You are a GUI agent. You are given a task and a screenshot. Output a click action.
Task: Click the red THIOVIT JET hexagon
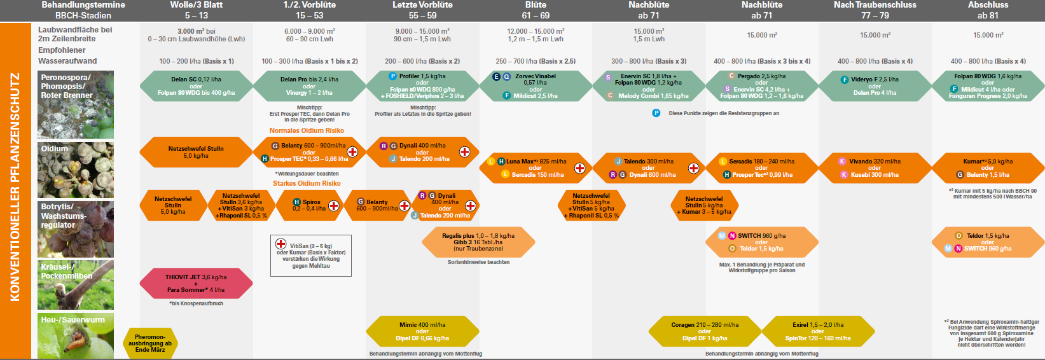(x=196, y=283)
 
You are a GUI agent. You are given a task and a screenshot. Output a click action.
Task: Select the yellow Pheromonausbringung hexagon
(x=150, y=343)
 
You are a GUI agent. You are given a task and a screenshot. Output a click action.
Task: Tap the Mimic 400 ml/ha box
(x=422, y=331)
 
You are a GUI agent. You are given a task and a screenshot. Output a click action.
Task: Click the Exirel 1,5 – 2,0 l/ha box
(x=818, y=331)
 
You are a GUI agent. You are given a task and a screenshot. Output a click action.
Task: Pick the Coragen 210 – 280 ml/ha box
(x=705, y=331)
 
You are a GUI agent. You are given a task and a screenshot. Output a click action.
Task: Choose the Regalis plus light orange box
(x=478, y=242)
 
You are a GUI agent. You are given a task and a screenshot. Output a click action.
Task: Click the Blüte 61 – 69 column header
(x=536, y=10)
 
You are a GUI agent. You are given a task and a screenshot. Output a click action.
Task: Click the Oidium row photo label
(x=55, y=149)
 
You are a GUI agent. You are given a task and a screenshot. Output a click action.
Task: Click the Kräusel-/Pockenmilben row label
(x=67, y=272)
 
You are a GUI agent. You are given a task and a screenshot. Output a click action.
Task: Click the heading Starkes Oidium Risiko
(x=307, y=183)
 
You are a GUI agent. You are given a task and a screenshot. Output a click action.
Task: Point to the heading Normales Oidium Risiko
(x=307, y=130)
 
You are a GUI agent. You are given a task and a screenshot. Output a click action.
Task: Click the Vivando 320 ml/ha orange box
(x=875, y=168)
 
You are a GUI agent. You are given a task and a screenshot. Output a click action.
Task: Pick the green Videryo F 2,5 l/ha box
(x=875, y=86)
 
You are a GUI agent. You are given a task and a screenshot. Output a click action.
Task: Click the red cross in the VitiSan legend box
(x=280, y=244)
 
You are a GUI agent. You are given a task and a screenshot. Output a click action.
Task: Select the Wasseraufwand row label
(x=67, y=61)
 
